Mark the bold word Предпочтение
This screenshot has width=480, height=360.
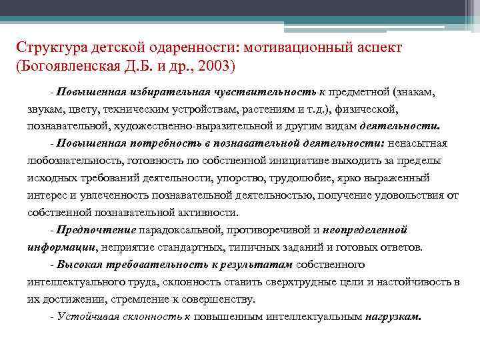[96, 230]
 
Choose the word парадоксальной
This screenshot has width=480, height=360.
[177, 230]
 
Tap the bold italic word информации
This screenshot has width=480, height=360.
[62, 247]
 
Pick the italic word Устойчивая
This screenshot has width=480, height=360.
[87, 317]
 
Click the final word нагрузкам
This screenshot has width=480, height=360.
[393, 317]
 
